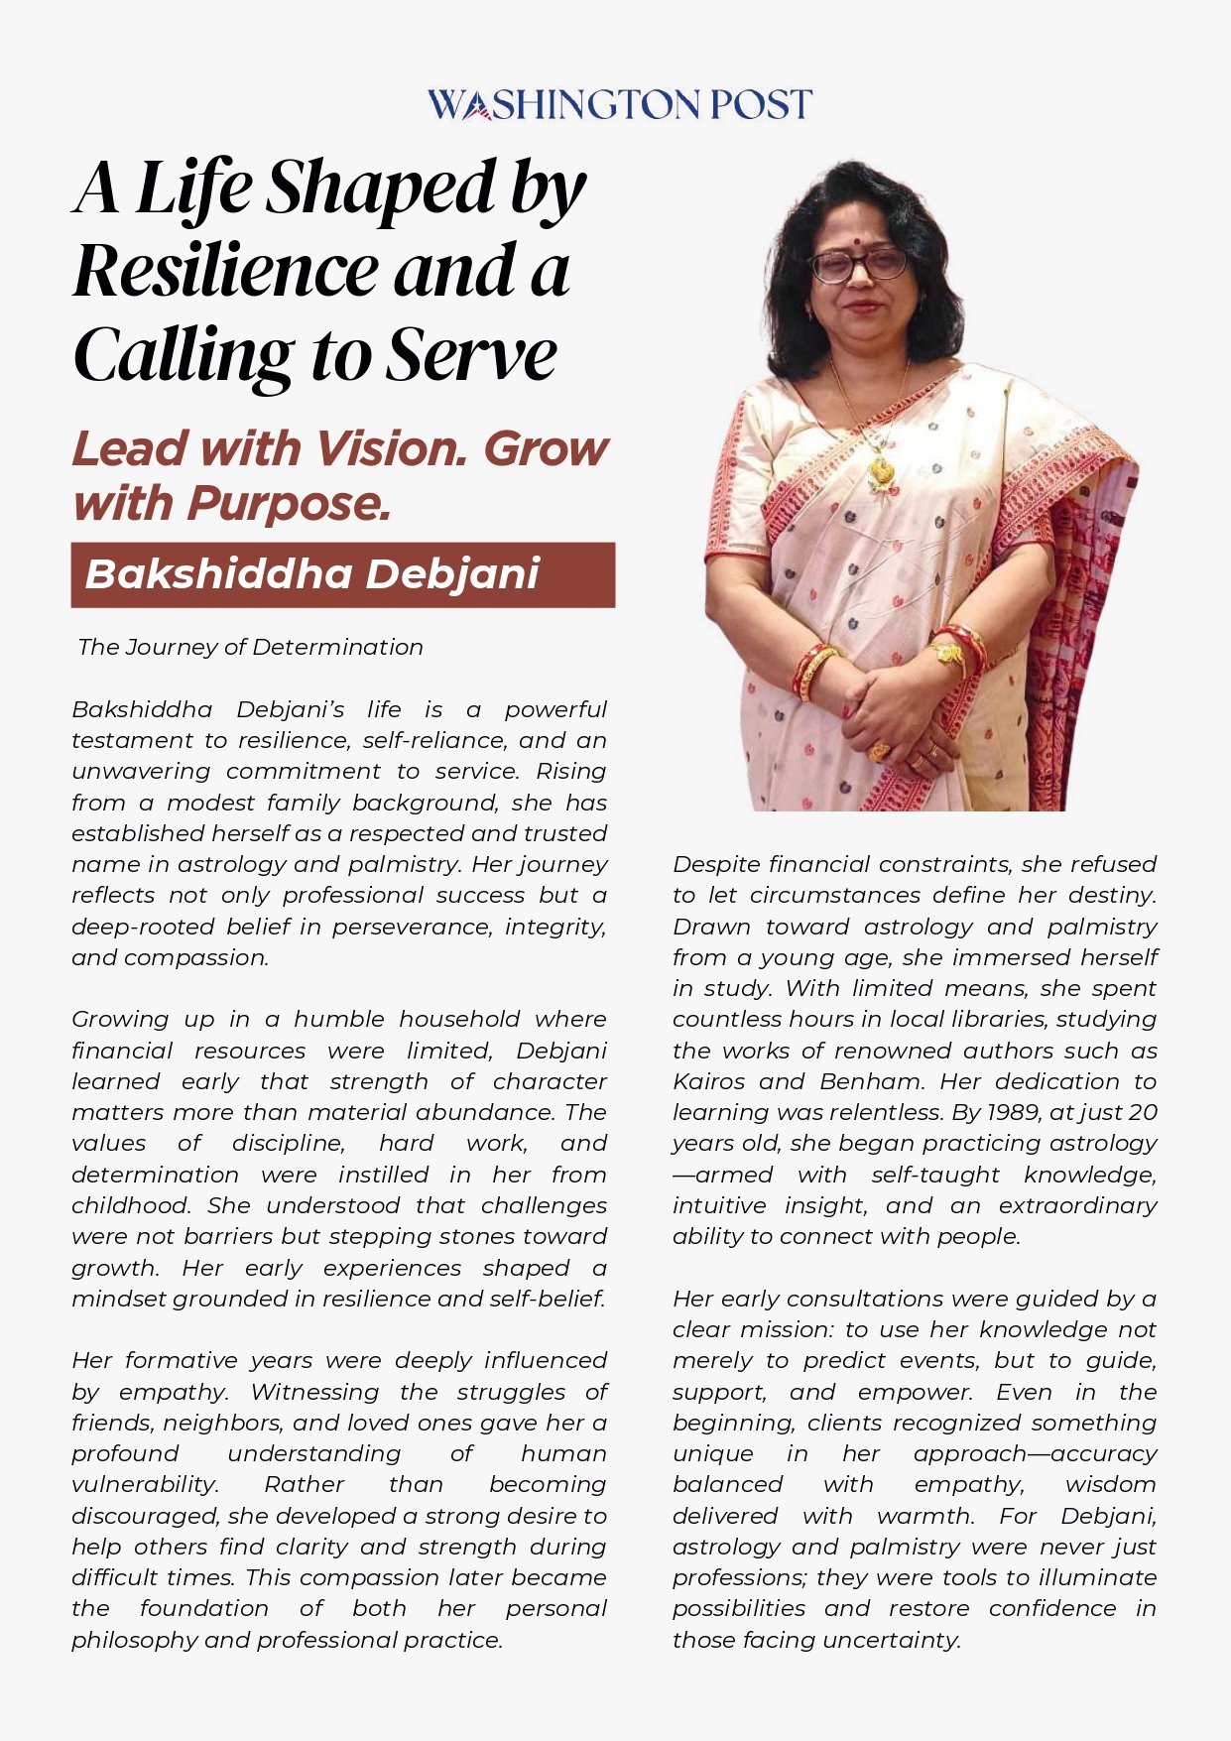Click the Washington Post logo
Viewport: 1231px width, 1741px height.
619,104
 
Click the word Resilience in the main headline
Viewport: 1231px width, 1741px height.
225,270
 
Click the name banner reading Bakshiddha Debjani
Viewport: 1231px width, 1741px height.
342,574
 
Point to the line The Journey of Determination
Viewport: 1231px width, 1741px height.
250,647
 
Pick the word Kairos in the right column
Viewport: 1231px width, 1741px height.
706,1081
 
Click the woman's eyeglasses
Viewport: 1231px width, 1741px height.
859,264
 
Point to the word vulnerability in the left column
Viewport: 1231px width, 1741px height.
145,1485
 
